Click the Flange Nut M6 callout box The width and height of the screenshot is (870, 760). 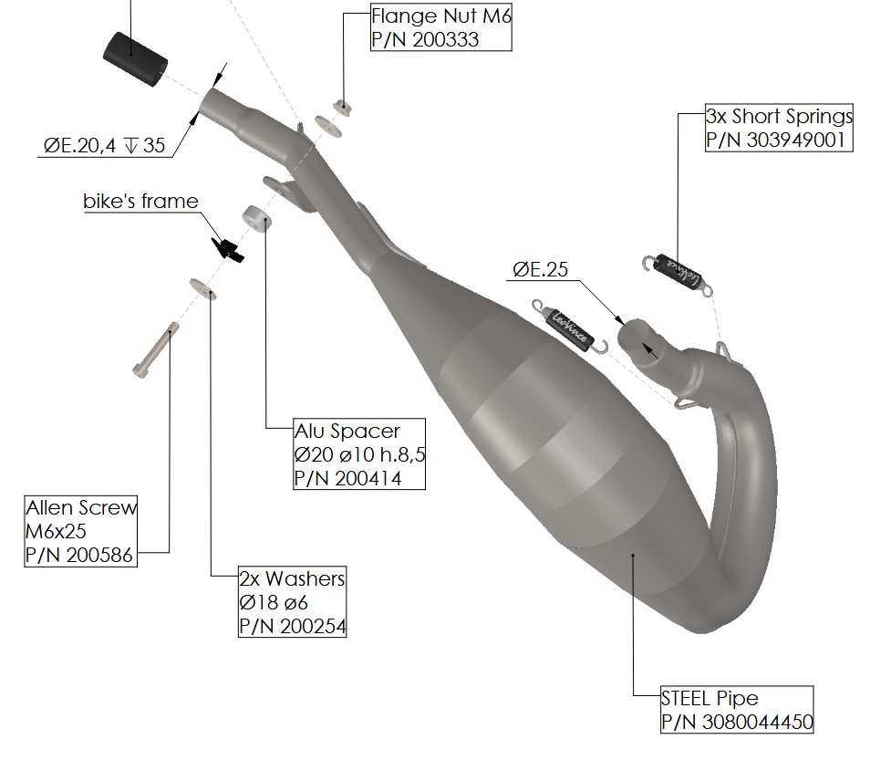[441, 27]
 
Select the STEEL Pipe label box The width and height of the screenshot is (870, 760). [737, 710]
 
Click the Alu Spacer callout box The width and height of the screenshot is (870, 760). [359, 454]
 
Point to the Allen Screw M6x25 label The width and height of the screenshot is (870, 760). [80, 531]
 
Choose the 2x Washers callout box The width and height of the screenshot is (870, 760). [292, 602]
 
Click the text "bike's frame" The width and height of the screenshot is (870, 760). [140, 201]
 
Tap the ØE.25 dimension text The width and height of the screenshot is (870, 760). [541, 270]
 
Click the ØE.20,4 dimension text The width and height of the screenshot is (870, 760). [80, 145]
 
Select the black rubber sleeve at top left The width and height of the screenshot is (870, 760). [135, 58]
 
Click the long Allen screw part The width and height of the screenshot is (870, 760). [156, 350]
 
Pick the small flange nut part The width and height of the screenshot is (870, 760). [342, 106]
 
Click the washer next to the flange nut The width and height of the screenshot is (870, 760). [327, 126]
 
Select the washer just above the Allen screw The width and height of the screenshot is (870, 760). [202, 288]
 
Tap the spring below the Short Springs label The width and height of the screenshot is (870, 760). [677, 273]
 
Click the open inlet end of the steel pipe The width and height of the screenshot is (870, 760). [639, 338]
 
